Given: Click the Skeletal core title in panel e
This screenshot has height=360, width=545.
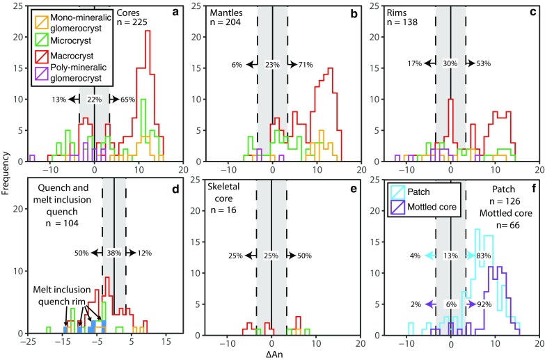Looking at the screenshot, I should (x=227, y=189).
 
